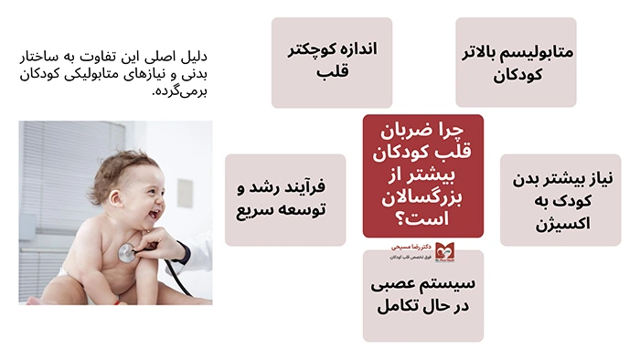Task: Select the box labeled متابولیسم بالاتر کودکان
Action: coord(516,62)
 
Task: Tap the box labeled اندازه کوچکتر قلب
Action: coord(331,62)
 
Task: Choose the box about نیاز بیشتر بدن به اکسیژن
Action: coord(560,199)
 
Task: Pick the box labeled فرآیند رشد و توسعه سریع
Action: coord(285,199)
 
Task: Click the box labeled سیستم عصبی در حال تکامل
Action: coord(422,294)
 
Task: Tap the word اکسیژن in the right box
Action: coord(560,223)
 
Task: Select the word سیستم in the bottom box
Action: coord(449,282)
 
